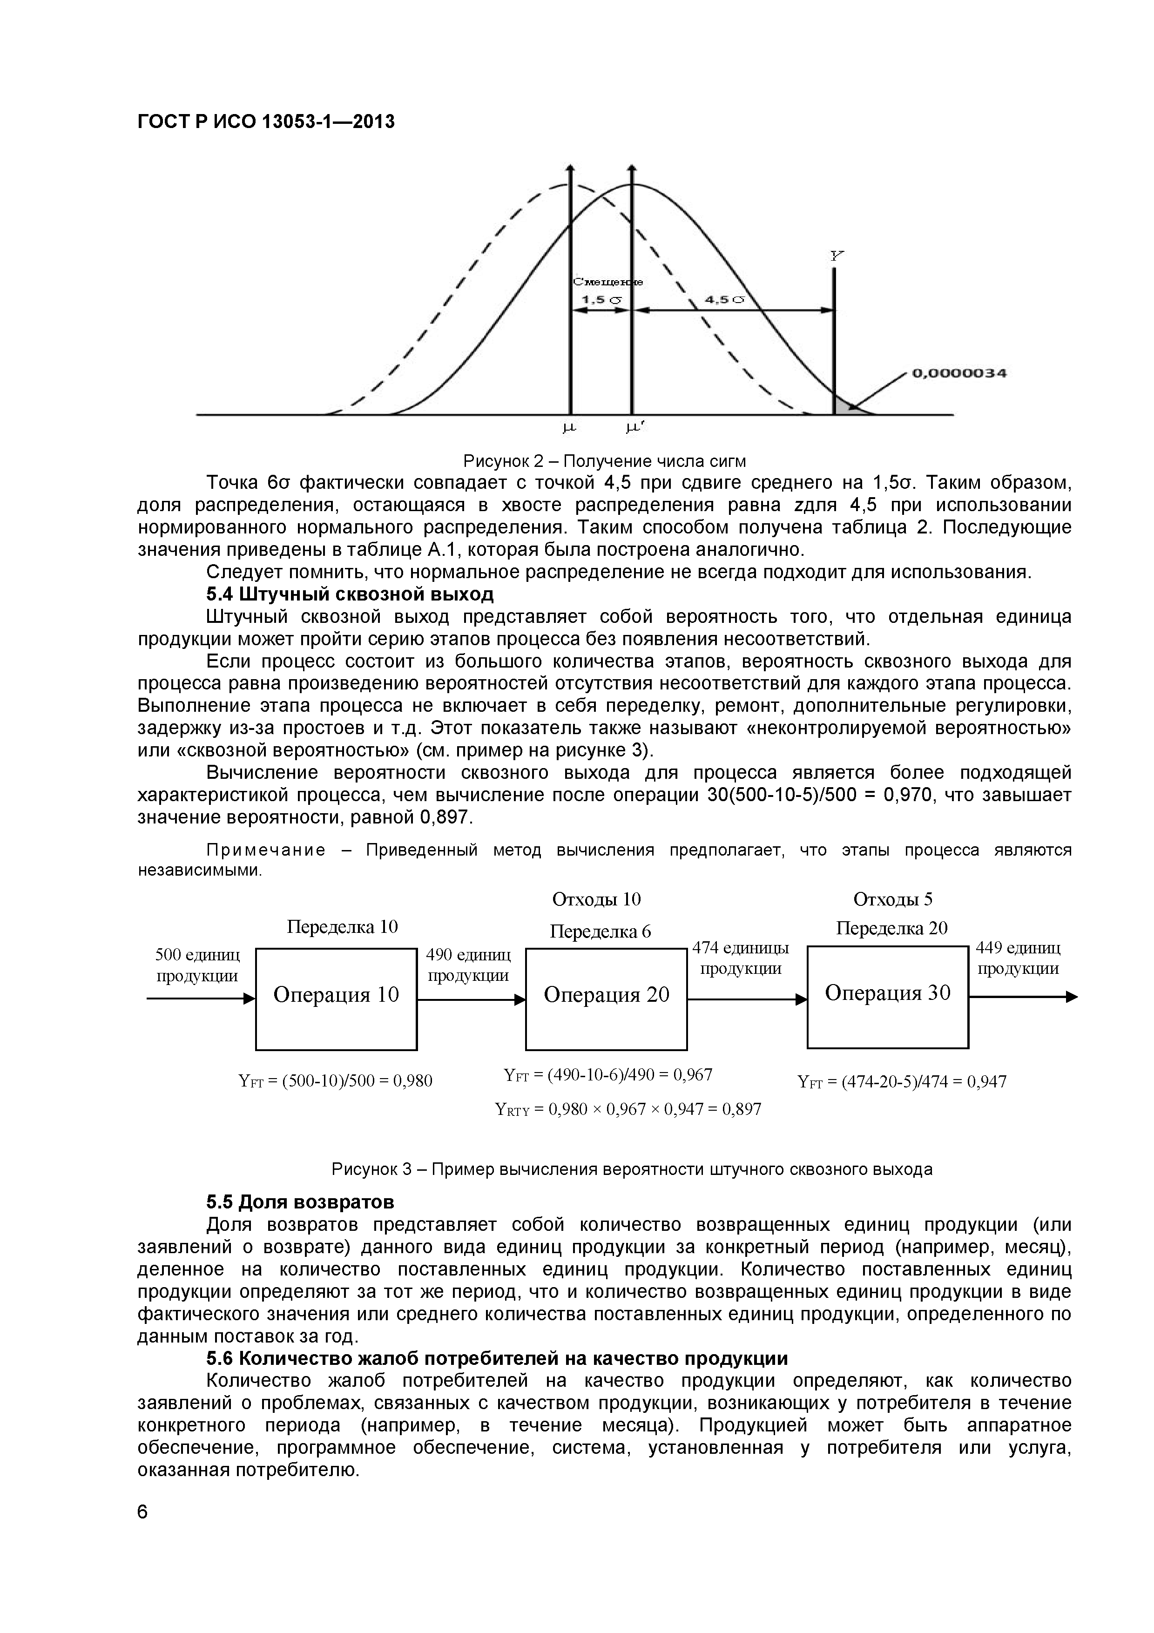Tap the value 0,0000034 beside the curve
tap(958, 373)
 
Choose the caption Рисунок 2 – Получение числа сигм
tap(604, 461)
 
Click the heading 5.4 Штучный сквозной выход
tap(349, 594)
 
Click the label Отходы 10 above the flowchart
tap(597, 899)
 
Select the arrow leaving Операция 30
tap(1024, 998)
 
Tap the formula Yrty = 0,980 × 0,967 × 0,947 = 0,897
tap(628, 1109)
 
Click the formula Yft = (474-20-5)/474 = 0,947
tap(902, 1082)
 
